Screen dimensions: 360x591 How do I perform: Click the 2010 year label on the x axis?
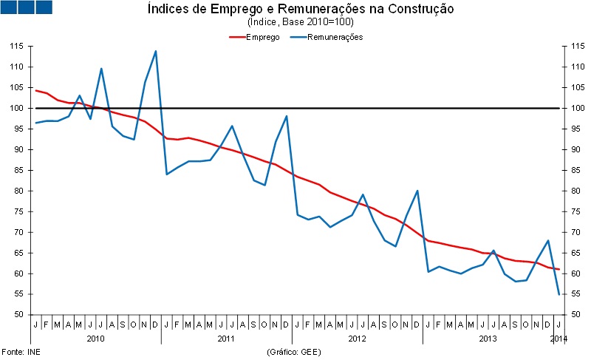click(x=95, y=339)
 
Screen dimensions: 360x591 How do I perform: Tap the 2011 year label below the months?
click(x=226, y=339)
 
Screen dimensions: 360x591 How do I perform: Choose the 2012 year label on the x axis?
click(x=357, y=339)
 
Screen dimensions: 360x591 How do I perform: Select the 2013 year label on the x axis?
click(x=488, y=339)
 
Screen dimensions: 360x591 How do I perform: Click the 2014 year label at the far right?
click(x=559, y=339)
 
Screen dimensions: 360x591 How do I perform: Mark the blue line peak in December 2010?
click(x=156, y=51)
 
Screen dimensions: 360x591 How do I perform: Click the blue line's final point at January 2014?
click(x=558, y=294)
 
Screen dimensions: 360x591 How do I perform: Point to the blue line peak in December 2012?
click(x=418, y=191)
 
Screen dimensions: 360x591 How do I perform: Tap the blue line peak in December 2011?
click(x=287, y=116)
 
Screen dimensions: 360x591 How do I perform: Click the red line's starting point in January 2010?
click(x=36, y=90)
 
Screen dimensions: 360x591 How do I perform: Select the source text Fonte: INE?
click(x=20, y=352)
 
